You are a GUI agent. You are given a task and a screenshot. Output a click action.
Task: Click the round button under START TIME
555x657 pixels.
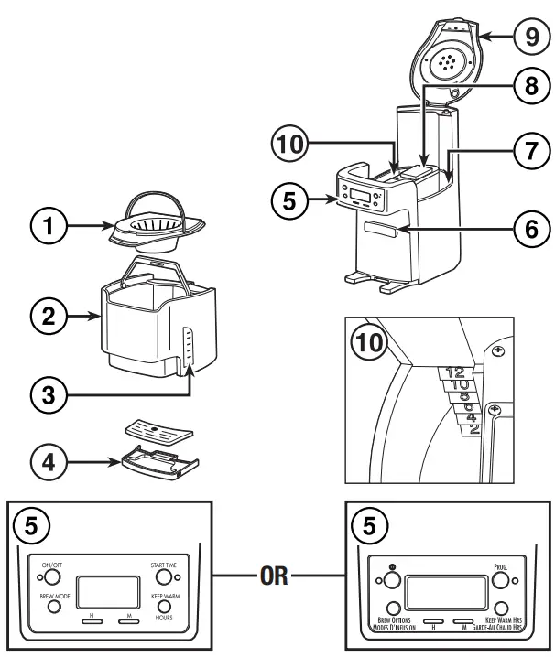[165, 578]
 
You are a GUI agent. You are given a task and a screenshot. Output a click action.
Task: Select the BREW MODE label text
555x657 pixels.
[54, 596]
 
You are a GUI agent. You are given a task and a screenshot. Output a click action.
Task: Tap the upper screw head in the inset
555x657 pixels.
[499, 352]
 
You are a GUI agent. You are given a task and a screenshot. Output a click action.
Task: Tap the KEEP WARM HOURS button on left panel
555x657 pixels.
[166, 608]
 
